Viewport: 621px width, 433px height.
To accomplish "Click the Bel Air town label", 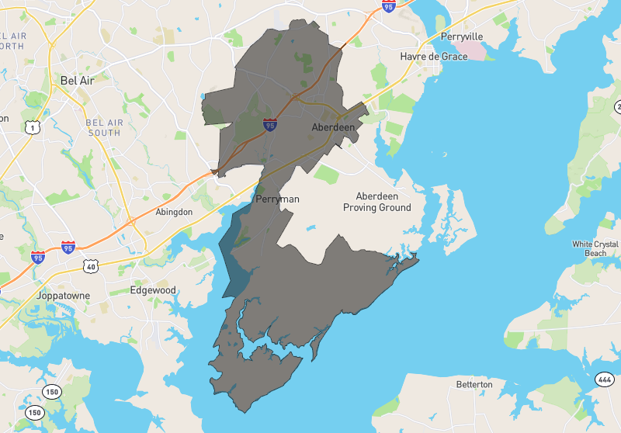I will [77, 80].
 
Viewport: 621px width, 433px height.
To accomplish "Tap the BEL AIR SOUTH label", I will [103, 127].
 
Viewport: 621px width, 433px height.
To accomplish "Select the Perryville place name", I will [461, 36].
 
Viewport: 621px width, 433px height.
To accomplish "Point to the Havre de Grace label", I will [433, 57].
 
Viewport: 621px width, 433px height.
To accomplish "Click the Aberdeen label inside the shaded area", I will [333, 126].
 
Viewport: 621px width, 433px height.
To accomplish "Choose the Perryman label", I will [277, 199].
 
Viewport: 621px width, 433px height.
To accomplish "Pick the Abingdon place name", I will [174, 212].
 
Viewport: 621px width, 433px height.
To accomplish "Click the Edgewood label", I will [153, 290].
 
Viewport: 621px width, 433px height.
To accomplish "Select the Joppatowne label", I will [64, 296].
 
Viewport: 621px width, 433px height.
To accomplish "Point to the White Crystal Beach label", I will [595, 248].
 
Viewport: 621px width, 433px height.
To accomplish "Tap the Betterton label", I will [474, 384].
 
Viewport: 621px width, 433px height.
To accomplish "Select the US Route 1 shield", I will [31, 126].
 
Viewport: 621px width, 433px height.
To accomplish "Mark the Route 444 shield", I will [605, 379].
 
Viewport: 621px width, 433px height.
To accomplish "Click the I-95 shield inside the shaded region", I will [269, 124].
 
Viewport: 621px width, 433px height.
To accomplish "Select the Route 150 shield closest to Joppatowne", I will [51, 391].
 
